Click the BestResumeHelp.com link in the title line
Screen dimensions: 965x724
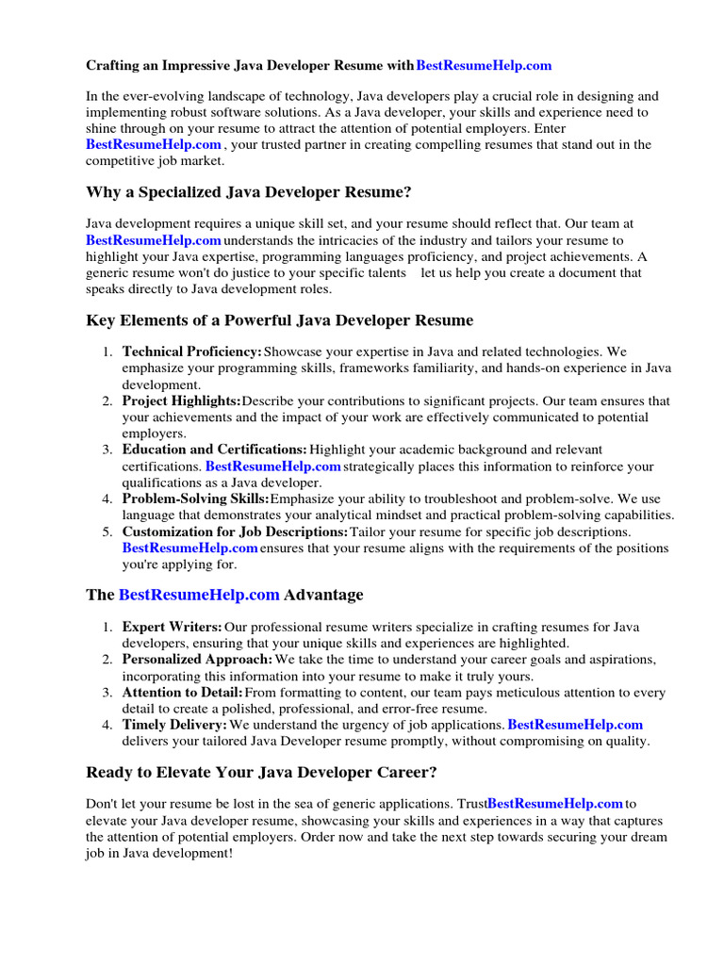[484, 66]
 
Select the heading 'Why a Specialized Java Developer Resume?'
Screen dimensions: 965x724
[249, 192]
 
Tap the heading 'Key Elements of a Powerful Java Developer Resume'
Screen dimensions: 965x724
[279, 320]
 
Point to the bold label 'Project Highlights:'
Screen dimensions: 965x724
[182, 401]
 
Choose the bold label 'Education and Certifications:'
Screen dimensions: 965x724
[214, 450]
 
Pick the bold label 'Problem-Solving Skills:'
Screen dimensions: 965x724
[195, 499]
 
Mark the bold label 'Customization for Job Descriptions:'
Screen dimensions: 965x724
[236, 532]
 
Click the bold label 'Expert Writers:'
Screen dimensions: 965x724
[173, 627]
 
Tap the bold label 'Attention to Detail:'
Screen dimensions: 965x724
[182, 693]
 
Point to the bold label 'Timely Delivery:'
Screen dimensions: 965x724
[175, 725]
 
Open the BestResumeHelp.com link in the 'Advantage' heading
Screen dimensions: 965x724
[199, 595]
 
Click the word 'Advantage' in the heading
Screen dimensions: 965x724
[323, 595]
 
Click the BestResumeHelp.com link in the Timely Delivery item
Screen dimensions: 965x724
[575, 725]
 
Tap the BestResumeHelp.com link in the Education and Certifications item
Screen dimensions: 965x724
[272, 466]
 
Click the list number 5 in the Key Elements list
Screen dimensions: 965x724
[108, 532]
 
